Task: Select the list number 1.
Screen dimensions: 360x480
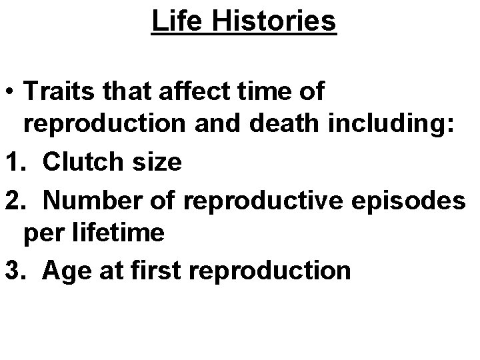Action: pyautogui.click(x=12, y=162)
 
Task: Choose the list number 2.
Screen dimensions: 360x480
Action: pyautogui.click(x=12, y=198)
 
